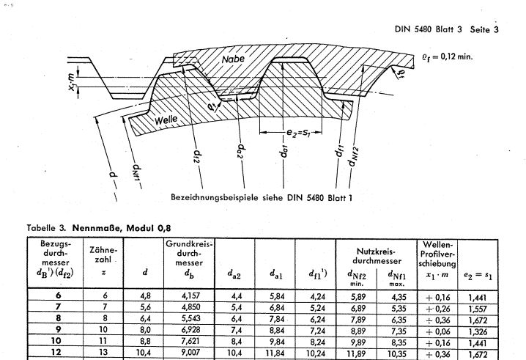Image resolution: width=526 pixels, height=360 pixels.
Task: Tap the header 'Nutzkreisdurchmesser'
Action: [377, 256]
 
